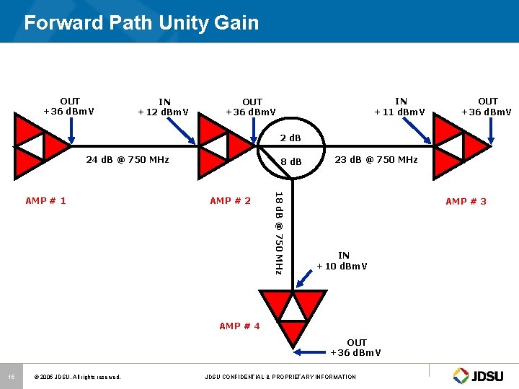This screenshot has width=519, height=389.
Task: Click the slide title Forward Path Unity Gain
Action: tap(141, 23)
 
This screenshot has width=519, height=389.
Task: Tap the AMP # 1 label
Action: tap(45, 200)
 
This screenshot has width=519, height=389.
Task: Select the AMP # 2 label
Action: tap(230, 200)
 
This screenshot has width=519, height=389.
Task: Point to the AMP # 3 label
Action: tap(466, 201)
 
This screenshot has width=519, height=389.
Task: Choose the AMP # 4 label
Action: tap(239, 326)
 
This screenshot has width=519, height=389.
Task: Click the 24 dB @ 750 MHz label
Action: tap(127, 160)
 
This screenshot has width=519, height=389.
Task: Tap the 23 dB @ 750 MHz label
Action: tap(376, 160)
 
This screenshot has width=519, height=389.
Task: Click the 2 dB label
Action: tap(290, 138)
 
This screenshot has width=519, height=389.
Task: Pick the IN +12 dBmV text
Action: tap(164, 107)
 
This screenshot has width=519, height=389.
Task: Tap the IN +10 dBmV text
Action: tap(343, 261)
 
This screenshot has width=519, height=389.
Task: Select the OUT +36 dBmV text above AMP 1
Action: tap(70, 106)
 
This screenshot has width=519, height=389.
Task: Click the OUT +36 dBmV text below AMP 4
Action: tap(356, 347)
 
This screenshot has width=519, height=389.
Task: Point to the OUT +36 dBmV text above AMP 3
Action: tap(488, 106)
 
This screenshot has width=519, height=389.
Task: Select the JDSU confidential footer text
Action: tap(280, 377)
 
